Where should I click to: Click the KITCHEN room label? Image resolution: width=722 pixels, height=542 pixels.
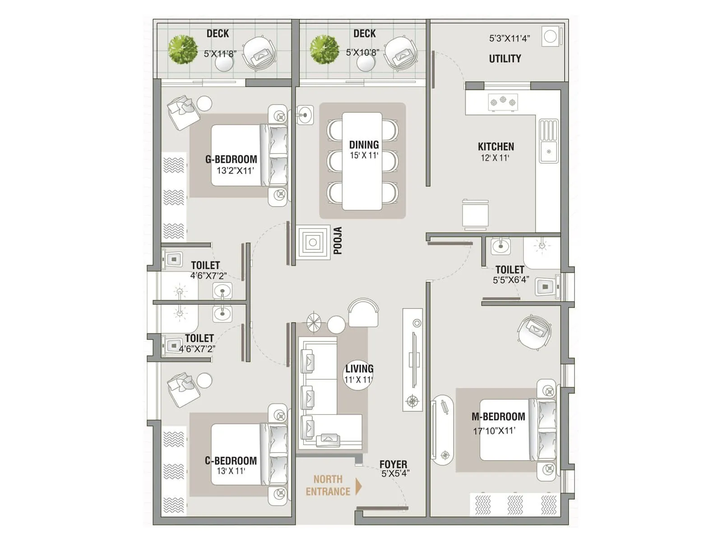[x=495, y=146]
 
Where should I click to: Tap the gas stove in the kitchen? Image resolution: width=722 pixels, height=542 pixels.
[x=503, y=102]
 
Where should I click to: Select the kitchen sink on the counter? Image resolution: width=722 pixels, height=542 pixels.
[x=548, y=141]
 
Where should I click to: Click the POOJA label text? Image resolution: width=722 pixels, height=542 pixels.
[x=338, y=241]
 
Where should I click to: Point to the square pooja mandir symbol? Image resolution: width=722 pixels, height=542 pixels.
[x=313, y=243]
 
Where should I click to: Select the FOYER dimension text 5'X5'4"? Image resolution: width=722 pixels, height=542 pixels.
[x=395, y=474]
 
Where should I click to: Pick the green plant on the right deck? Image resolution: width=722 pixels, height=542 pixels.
[x=324, y=49]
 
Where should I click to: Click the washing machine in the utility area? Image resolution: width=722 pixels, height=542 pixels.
[x=551, y=37]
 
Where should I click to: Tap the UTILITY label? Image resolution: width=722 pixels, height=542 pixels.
[x=504, y=59]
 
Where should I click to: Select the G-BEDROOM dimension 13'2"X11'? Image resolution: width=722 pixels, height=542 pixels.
[x=235, y=171]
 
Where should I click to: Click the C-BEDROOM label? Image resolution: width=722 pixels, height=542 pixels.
[x=231, y=461]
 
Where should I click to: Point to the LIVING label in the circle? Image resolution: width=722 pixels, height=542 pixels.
[x=359, y=369]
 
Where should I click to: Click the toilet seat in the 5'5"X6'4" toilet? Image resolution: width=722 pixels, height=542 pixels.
[x=545, y=287]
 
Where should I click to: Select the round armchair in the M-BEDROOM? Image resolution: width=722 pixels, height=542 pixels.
[x=534, y=332]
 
